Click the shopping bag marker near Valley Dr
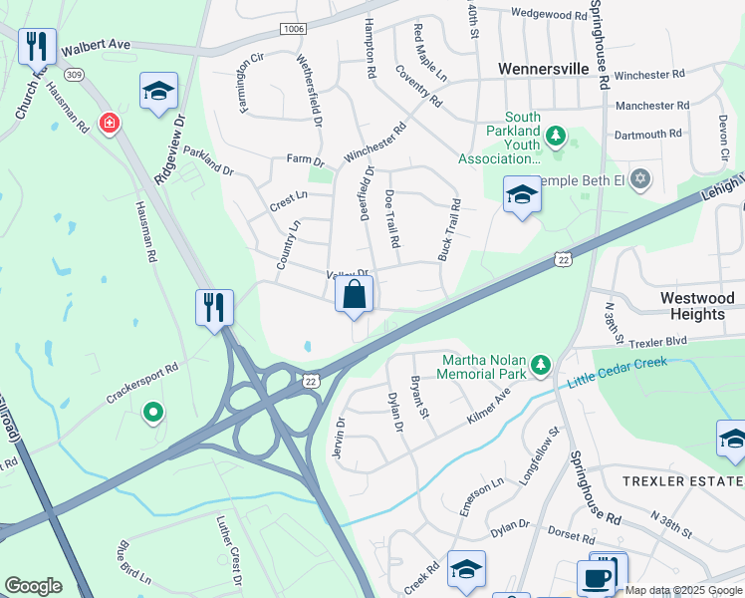354,295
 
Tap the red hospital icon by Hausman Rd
109,124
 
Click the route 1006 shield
293,29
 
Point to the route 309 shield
72,74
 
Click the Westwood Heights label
697,306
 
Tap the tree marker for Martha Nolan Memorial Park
541,366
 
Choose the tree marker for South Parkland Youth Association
557,136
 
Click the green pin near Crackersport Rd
152,410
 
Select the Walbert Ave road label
97,46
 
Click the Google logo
33,586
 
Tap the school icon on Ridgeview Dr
158,92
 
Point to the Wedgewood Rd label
549,15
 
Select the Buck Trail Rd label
449,231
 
